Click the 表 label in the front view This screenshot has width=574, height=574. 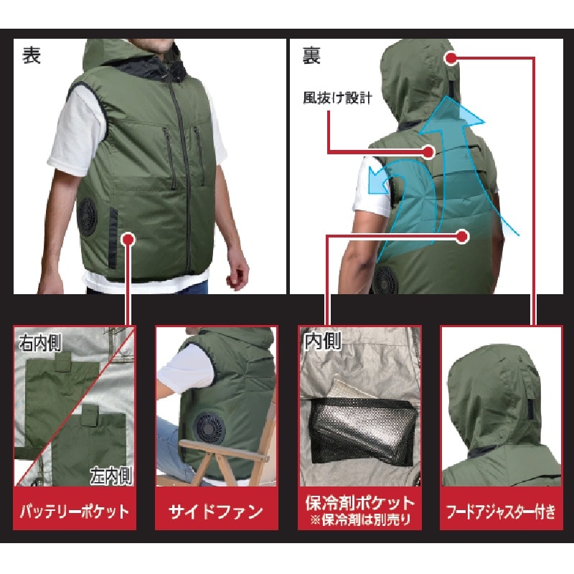(x=32, y=56)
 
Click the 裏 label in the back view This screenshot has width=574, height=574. (x=311, y=56)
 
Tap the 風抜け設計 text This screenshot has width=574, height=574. (x=337, y=98)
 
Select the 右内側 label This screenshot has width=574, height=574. (x=40, y=343)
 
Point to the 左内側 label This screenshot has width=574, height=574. (x=111, y=476)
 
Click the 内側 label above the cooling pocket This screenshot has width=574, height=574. (x=323, y=340)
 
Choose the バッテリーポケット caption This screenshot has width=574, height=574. (x=75, y=511)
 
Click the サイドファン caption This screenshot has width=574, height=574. (x=216, y=512)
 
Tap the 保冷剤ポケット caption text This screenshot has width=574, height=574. (x=360, y=503)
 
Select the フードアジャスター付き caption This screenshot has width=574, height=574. (x=501, y=512)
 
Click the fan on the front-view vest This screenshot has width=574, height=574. (x=88, y=217)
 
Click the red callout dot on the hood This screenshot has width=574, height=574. (x=452, y=57)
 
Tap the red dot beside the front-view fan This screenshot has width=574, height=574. (x=128, y=240)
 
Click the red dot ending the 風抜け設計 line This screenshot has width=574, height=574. (x=428, y=151)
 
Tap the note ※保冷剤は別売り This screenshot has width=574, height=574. (x=361, y=519)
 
